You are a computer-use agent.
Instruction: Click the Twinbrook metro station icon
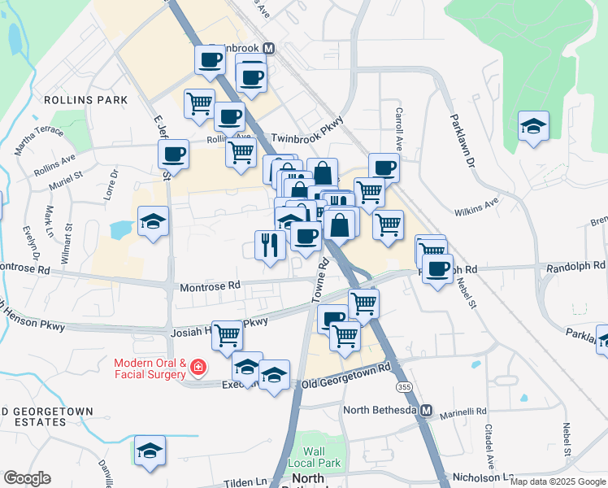pos(267,48)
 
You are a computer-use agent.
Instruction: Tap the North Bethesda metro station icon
pos(426,410)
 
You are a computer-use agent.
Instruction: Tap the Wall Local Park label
pos(314,457)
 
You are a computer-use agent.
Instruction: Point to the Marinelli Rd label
pos(463,414)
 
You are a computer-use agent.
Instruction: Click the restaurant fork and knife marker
pos(269,243)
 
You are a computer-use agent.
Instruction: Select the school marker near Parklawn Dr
pos(533,126)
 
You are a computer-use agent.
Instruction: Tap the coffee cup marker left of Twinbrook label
pos(210,59)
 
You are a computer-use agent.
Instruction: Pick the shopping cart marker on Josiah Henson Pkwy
pos(227,333)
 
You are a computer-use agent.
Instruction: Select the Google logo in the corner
pos(28,478)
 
